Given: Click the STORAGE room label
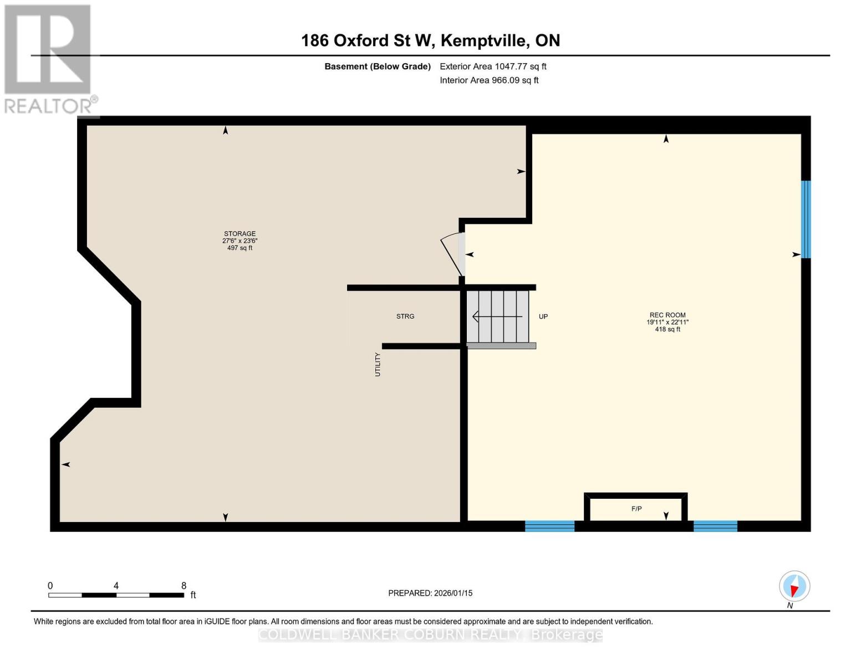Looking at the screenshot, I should pos(240,233).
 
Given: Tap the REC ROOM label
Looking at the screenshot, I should pos(668,315).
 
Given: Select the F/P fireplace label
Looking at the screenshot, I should pos(636,509).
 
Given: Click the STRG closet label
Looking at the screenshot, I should pos(405,316).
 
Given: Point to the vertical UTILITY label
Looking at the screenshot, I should pos(378,365).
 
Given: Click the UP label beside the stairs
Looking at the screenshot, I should pos(543,316).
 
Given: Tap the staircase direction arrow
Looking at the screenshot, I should pos(497,316).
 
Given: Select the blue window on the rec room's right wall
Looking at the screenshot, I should pos(806,219).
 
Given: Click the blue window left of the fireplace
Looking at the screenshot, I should pos(549,526).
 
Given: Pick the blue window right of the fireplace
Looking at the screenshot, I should pos(715,526).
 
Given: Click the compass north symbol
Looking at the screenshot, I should pos(794,586).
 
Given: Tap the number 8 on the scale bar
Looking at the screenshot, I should pos(184,586).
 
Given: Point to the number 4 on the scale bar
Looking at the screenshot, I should pos(116,586).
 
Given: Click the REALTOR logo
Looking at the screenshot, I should pos(49,58).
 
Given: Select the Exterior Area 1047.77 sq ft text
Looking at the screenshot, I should pos(493,66).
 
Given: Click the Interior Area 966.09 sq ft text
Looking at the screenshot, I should pos(489,80).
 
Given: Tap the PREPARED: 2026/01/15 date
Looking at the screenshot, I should pos(430,593).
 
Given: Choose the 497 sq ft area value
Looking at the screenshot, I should pos(240,248).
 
